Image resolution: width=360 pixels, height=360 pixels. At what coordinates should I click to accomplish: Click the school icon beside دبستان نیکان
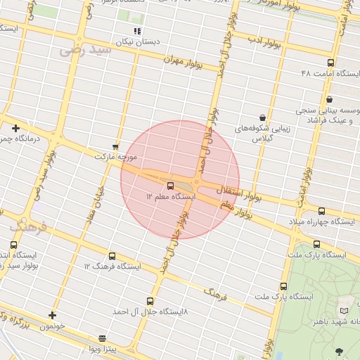tap(137, 32)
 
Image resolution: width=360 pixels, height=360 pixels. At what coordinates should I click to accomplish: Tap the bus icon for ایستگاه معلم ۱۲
tap(171, 186)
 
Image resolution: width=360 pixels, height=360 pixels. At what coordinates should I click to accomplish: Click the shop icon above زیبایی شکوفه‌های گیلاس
tap(262, 117)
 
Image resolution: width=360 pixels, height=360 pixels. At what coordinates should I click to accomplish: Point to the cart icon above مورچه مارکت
tap(115, 146)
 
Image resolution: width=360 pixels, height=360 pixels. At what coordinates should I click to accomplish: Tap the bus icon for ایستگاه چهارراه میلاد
tap(322, 211)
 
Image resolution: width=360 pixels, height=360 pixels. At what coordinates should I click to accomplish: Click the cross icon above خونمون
tap(52, 315)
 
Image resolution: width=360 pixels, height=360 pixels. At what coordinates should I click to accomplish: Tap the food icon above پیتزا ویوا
tap(103, 337)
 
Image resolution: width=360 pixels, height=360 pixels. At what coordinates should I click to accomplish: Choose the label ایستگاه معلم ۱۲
tap(169, 198)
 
